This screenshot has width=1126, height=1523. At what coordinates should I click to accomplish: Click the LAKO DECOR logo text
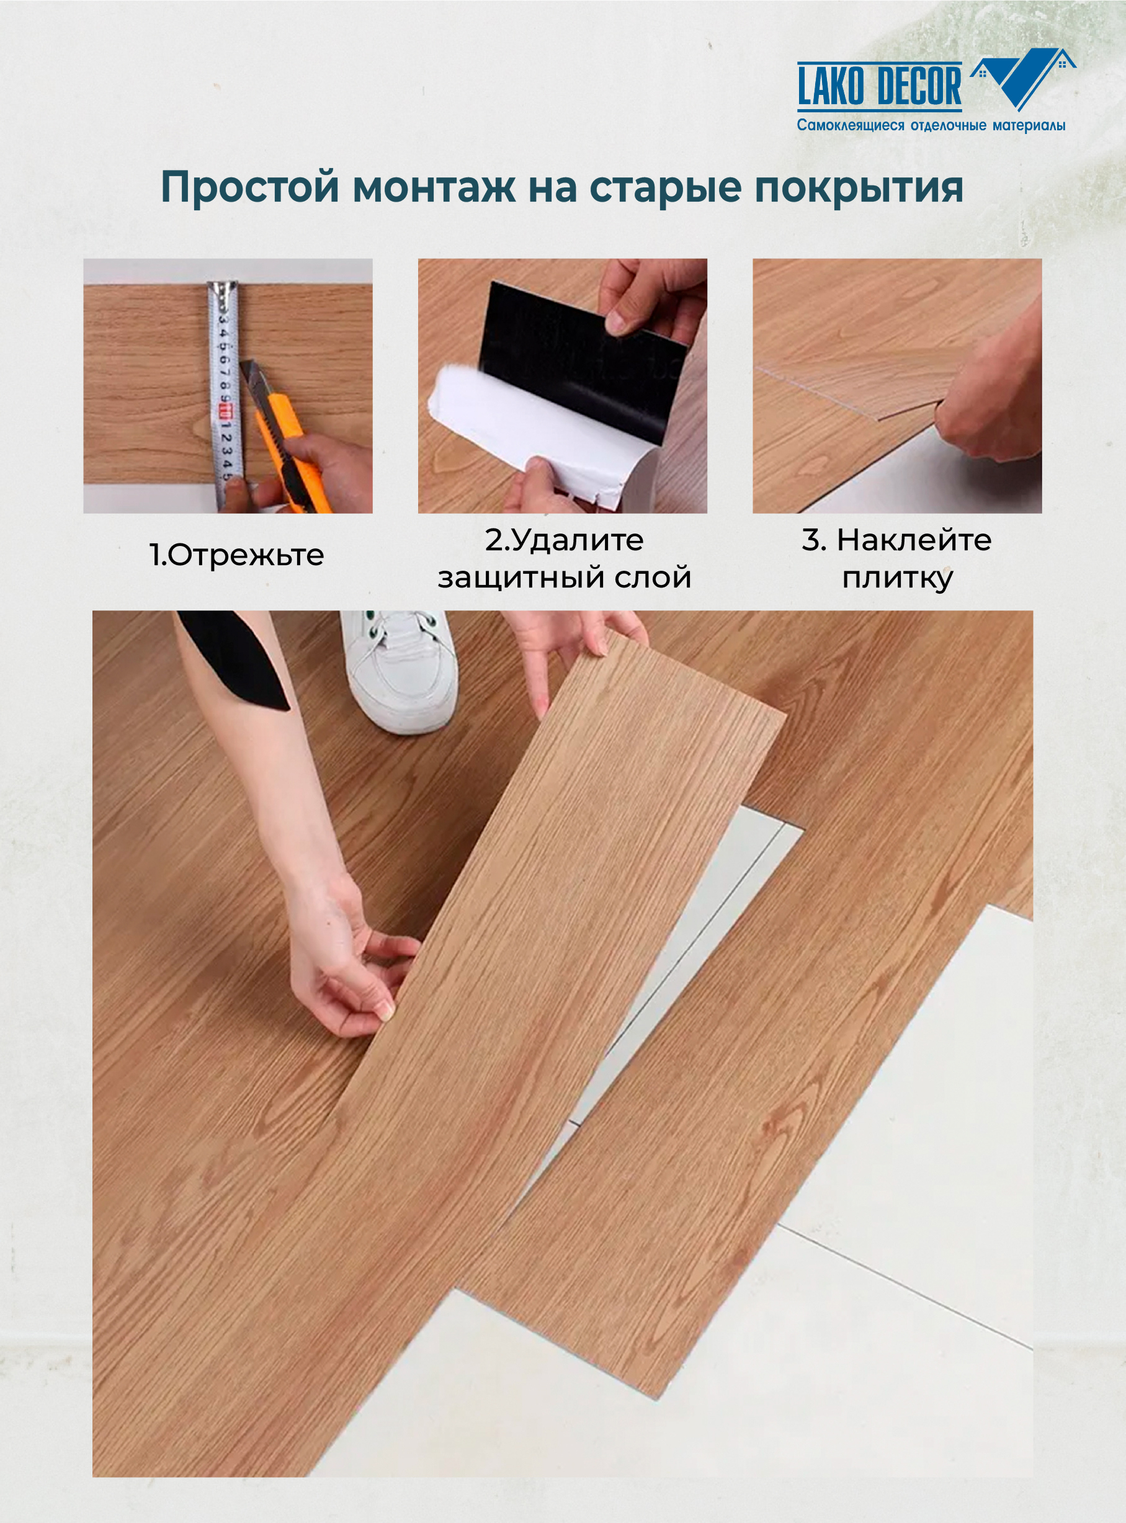(x=879, y=86)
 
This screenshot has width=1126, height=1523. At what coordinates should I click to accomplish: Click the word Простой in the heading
(x=249, y=187)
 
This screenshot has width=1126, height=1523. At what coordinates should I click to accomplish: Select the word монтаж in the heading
(x=434, y=187)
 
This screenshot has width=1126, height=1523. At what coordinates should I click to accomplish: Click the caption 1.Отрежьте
(x=236, y=555)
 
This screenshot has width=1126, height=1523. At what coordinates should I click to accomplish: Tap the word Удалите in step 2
(x=576, y=540)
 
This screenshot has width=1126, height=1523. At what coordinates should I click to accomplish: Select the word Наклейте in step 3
(x=914, y=540)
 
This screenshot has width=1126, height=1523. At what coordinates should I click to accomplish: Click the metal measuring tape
(x=223, y=395)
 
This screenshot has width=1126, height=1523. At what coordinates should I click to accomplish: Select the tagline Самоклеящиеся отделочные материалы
(x=931, y=126)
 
